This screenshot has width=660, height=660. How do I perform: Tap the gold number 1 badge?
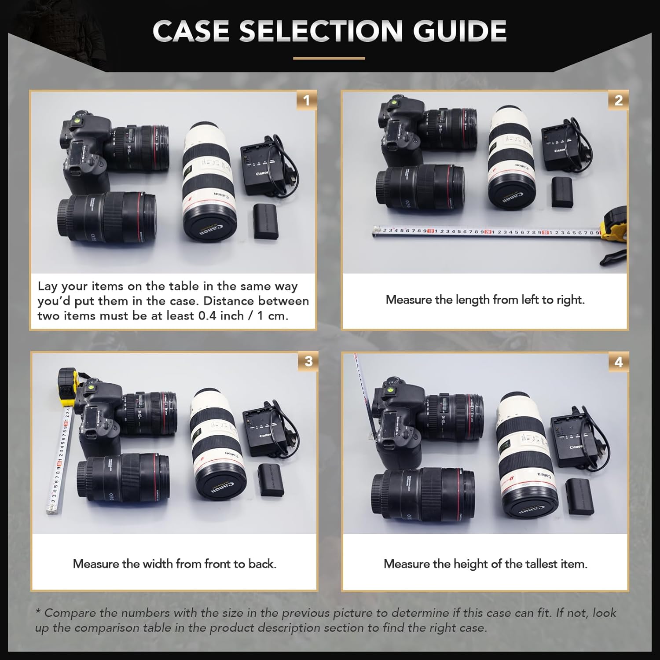[307, 100]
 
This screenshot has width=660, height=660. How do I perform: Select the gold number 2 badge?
[618, 100]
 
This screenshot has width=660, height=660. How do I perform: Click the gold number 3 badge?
[308, 361]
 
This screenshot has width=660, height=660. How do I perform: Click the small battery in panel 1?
[266, 221]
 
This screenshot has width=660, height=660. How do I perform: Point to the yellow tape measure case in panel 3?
[69, 386]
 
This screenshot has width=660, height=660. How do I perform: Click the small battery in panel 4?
[580, 496]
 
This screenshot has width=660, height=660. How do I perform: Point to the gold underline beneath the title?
[329, 58]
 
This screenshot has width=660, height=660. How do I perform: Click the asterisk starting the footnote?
[38, 612]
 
